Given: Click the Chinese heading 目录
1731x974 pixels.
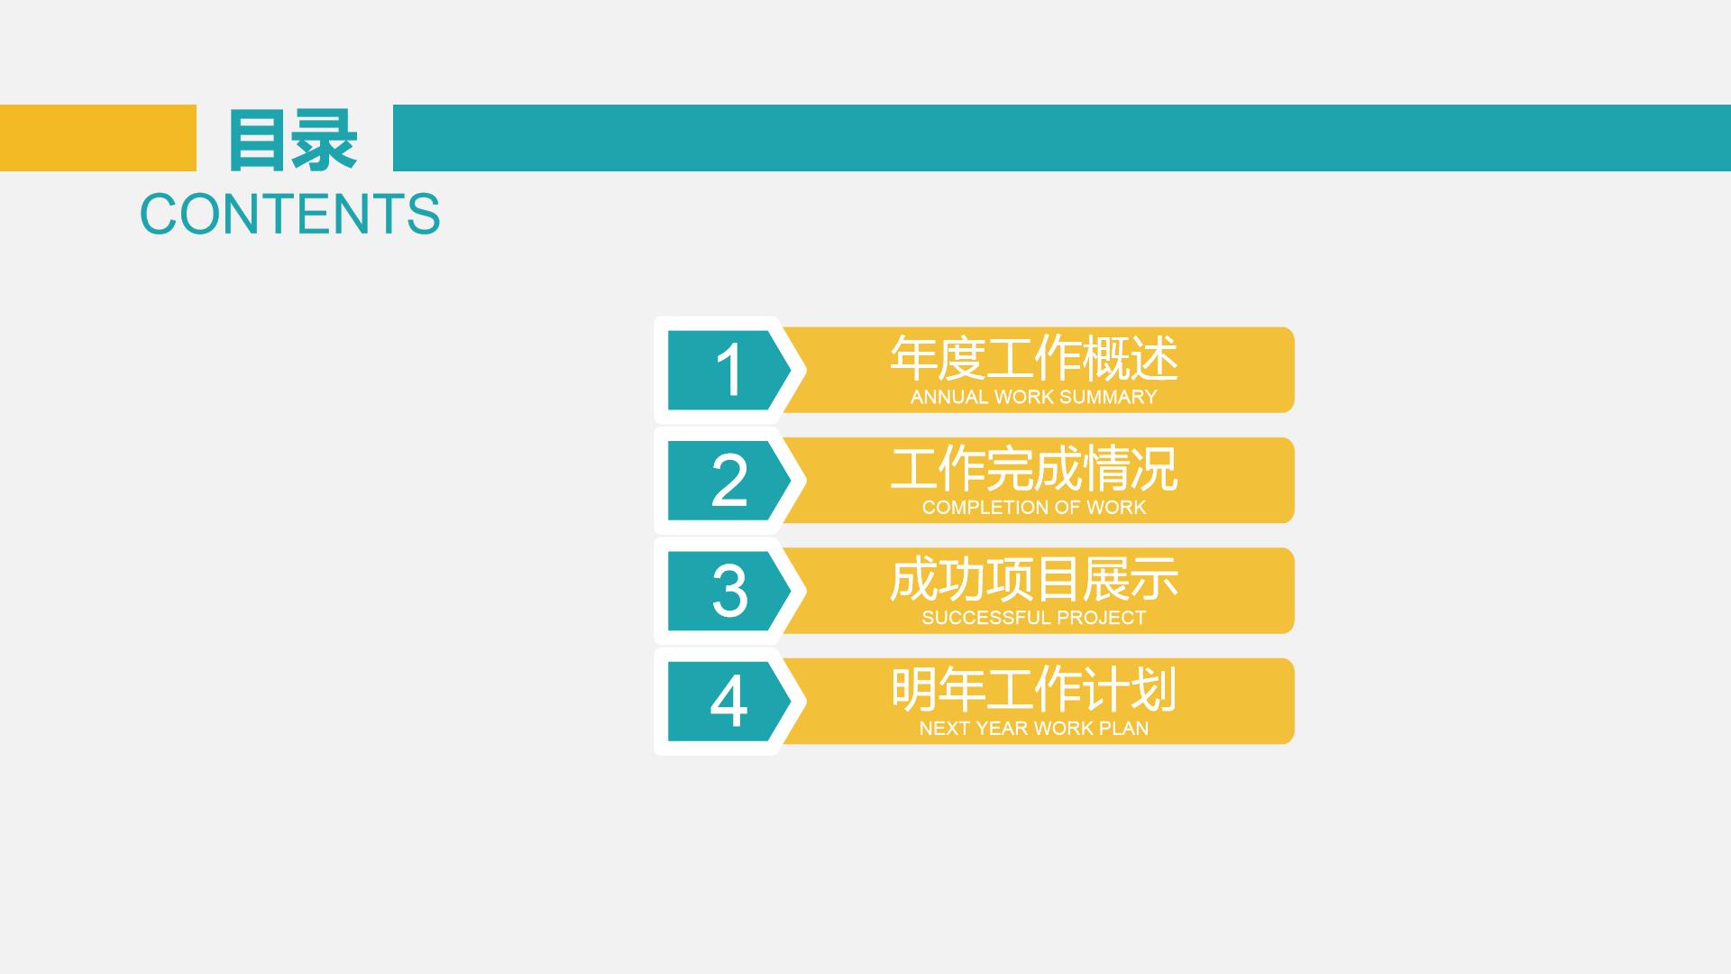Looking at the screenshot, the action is (x=292, y=140).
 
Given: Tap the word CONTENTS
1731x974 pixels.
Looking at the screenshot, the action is (x=289, y=215).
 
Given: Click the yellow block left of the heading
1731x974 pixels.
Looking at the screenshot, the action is (x=98, y=138).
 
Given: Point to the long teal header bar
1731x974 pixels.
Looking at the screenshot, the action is (x=1062, y=138).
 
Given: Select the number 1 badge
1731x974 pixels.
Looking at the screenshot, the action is (x=728, y=371).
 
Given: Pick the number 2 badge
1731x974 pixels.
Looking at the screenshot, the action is (x=728, y=481).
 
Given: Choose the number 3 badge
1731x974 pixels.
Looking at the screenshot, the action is (x=728, y=592).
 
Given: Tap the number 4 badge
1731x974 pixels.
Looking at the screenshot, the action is (x=728, y=702).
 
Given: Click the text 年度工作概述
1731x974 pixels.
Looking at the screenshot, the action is (x=1034, y=358).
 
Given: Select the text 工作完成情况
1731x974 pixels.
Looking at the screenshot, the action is (x=1034, y=469).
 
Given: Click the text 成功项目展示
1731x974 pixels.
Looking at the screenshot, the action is (x=1034, y=579).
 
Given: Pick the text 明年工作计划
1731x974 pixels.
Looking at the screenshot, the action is (x=1034, y=690).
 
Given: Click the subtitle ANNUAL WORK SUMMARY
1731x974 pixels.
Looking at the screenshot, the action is (x=1034, y=397).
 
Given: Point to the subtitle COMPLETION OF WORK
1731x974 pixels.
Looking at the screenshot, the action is (x=1034, y=508).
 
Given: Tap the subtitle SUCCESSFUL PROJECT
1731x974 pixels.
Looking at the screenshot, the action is (x=1034, y=618).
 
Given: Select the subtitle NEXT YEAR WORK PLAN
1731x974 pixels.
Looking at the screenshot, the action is (x=1034, y=728).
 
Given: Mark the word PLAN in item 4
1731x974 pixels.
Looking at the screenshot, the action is (x=1123, y=728).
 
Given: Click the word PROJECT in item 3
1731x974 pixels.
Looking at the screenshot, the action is (x=1101, y=618).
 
